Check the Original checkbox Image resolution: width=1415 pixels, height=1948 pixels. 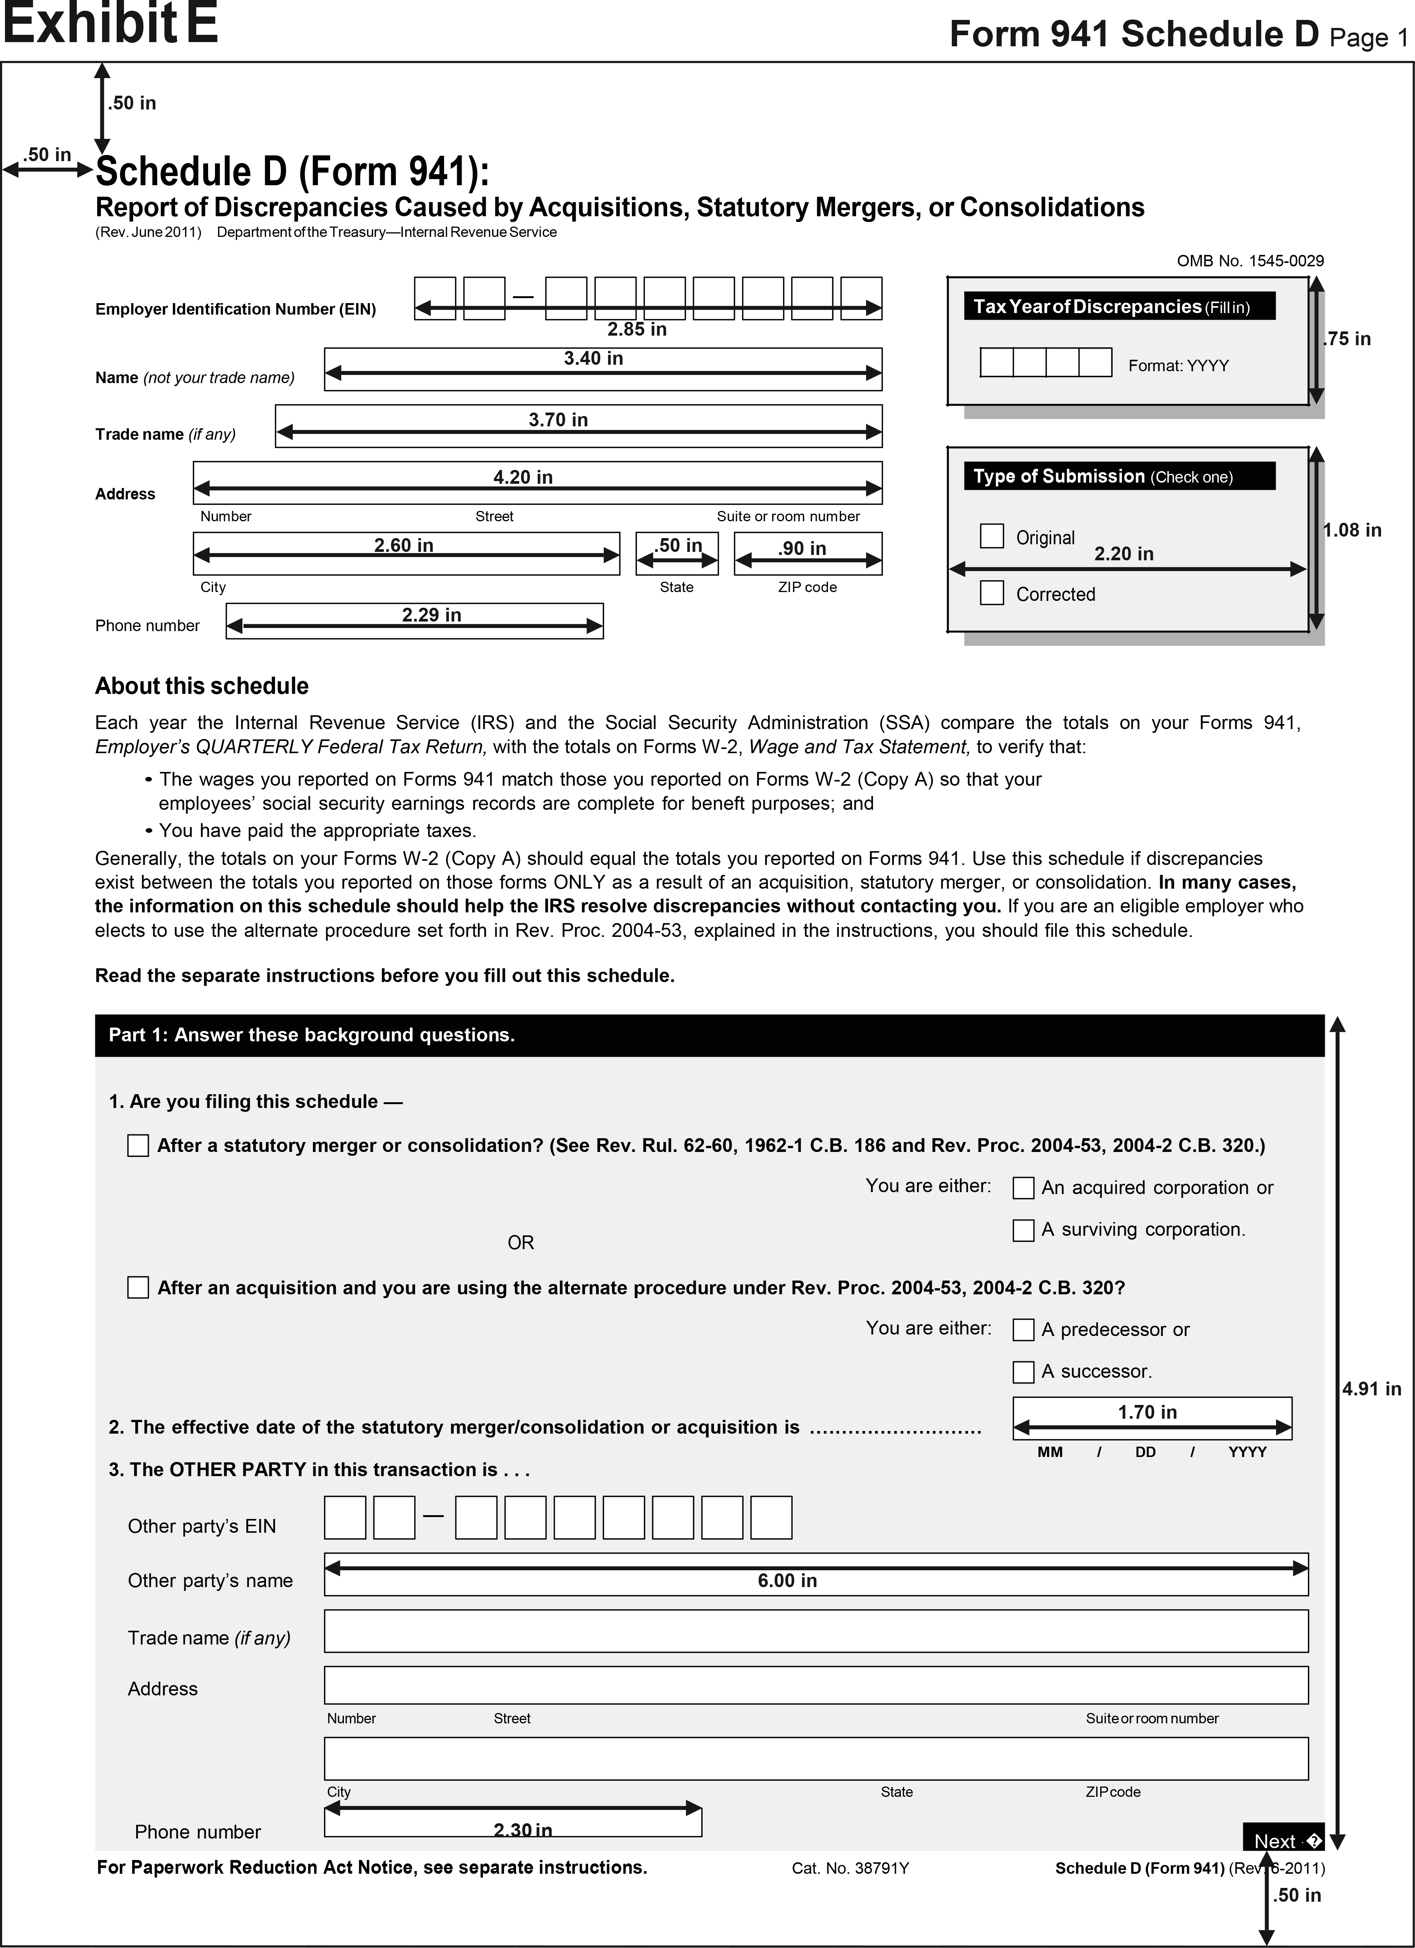tap(992, 536)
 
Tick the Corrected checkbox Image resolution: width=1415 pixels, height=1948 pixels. tap(992, 593)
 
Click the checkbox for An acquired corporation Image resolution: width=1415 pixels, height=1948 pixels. tap(1023, 1188)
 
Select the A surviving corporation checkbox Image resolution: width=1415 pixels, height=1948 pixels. tap(1023, 1230)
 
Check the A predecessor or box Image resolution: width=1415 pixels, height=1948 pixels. tap(1023, 1330)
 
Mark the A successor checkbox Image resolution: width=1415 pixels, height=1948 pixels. tap(1023, 1372)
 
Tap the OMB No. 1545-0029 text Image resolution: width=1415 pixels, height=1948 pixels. tap(1250, 260)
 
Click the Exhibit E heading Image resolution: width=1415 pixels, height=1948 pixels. tap(110, 24)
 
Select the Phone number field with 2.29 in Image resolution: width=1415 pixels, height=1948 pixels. tap(415, 621)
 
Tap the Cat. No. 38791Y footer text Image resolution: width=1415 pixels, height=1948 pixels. tap(850, 1868)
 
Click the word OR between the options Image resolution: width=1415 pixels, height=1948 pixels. tap(520, 1243)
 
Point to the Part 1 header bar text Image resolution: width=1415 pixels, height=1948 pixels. tap(312, 1035)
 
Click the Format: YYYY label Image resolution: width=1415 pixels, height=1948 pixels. tap(1178, 366)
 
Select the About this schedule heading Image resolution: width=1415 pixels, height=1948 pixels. tap(202, 686)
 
